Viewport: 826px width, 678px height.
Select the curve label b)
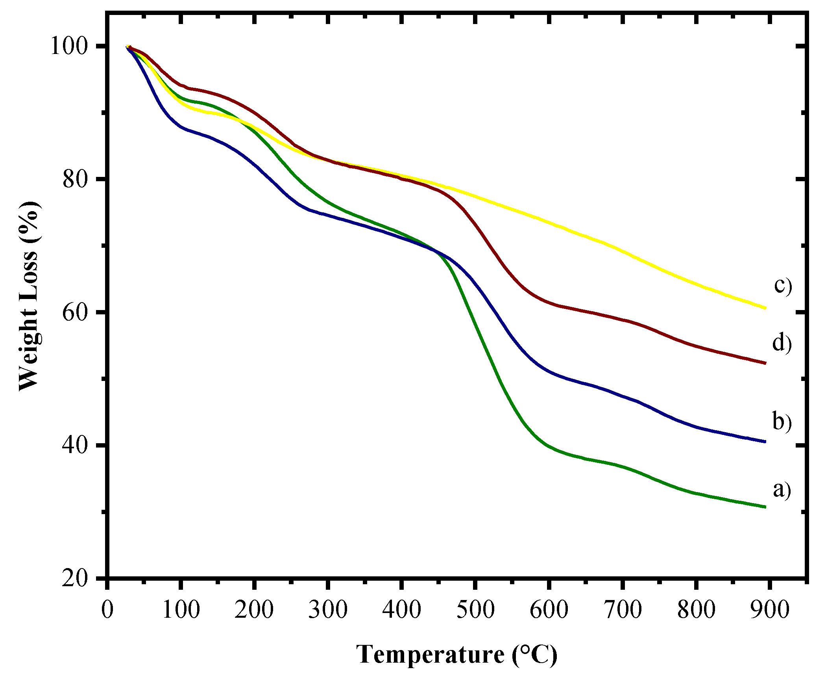tap(782, 422)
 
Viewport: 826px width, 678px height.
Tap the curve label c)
tap(783, 286)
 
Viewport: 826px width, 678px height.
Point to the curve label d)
tap(782, 344)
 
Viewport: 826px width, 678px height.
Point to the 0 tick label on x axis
tap(107, 610)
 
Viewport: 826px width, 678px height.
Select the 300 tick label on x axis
tap(328, 610)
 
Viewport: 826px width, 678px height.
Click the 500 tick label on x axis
tap(475, 610)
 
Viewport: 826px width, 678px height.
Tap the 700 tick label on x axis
tap(622, 610)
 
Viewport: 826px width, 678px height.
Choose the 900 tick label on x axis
tap(769, 610)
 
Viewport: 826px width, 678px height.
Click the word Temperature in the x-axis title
tap(430, 655)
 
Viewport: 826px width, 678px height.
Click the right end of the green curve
tap(765, 507)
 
